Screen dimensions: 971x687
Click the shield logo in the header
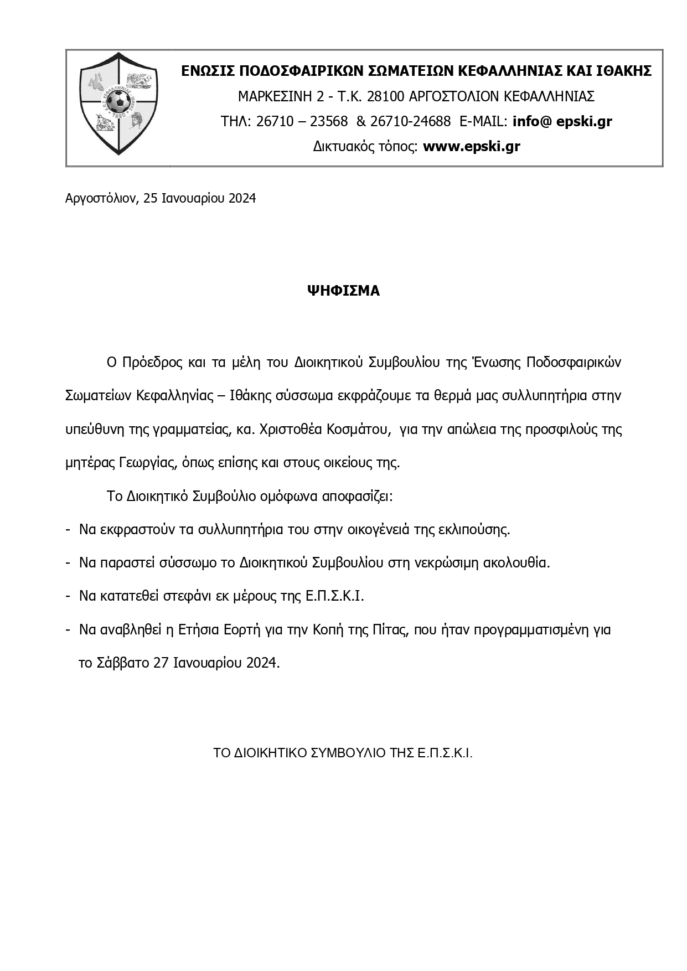coord(118,103)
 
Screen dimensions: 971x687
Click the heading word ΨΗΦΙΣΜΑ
coord(344,291)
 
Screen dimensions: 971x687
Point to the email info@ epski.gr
coord(562,121)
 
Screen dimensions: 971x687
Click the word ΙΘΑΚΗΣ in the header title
coord(624,71)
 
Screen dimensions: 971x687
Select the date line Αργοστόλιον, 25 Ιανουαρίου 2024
coord(161,198)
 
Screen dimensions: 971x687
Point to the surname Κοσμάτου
coord(352,430)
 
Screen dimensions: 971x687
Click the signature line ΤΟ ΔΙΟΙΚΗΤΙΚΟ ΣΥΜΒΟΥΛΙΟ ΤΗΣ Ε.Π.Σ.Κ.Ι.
coord(343,753)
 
